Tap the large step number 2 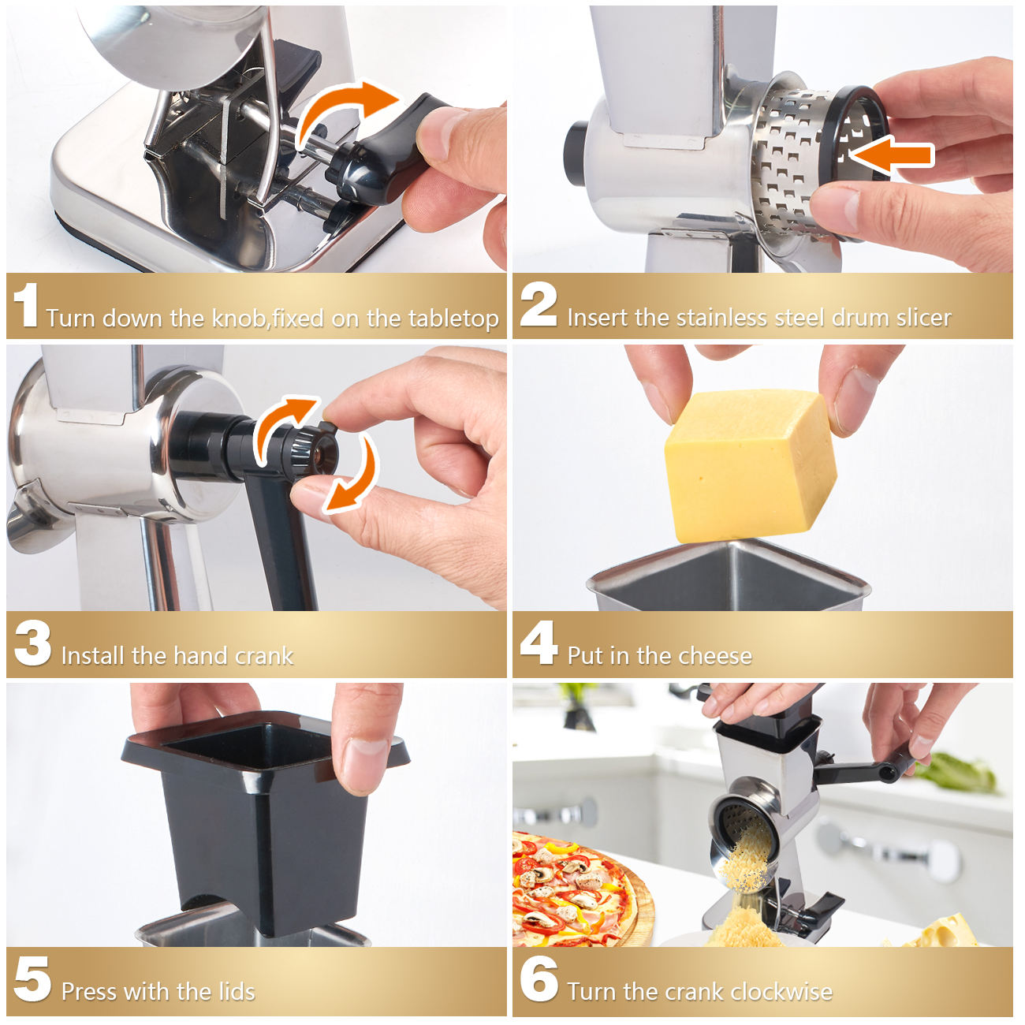[539, 304]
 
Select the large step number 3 [32, 643]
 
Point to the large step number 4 [539, 643]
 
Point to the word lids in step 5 [237, 992]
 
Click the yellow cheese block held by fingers [750, 465]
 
